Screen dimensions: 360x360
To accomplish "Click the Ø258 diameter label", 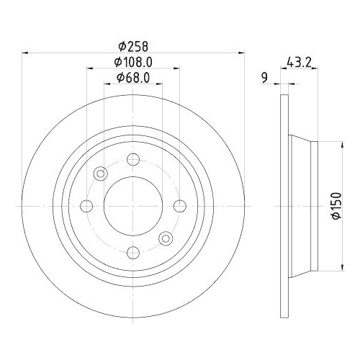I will pos(133,43).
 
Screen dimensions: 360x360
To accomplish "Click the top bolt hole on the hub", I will pos(132,161).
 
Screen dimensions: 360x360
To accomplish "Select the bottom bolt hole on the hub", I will pos(132,251).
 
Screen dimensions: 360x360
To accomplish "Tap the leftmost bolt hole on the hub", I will pos(87,206).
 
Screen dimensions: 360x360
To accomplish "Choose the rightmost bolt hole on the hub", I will pos(178,206).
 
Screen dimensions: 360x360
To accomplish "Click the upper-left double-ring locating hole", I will pos(100,173).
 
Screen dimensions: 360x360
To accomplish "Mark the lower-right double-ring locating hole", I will pos(166,238).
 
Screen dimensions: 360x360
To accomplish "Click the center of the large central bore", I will pos(132,206).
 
